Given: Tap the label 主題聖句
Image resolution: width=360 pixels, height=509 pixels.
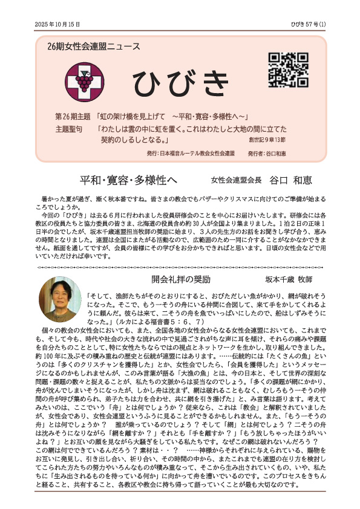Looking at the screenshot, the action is pyautogui.click(x=69, y=129).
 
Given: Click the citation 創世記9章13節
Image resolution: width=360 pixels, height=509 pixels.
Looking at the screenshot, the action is pyautogui.click(x=267, y=140).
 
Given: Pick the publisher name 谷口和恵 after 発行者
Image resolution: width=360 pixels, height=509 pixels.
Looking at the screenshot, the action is pyautogui.click(x=275, y=154).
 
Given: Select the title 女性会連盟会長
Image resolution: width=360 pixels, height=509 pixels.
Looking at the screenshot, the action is pyautogui.click(x=235, y=181).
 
